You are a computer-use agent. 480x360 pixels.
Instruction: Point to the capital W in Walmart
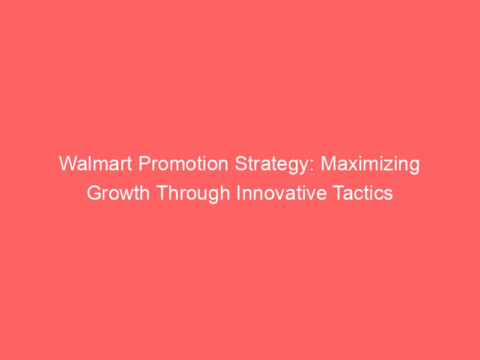coord(67,164)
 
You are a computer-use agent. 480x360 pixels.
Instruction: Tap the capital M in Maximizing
coord(329,164)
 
